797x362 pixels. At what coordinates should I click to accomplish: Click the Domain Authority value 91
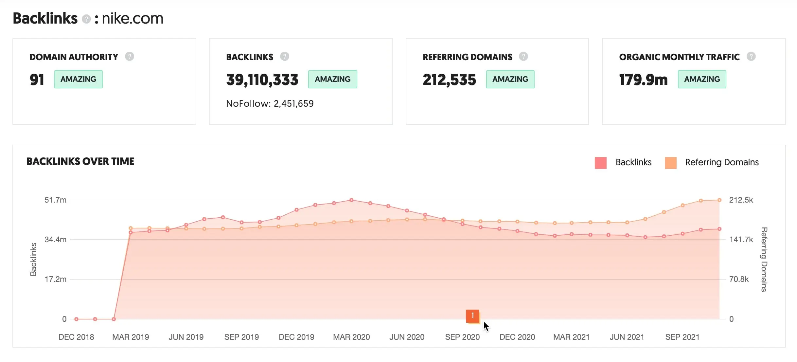(x=37, y=80)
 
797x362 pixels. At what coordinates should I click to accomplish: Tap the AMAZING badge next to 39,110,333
(x=332, y=79)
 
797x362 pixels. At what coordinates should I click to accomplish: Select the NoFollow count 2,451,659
(x=293, y=104)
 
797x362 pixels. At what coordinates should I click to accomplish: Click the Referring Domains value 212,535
(x=449, y=80)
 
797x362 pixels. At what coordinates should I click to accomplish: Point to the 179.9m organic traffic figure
(x=643, y=80)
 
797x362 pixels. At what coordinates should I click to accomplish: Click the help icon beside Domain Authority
(x=130, y=57)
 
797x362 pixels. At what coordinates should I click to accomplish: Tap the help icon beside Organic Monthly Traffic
(x=751, y=57)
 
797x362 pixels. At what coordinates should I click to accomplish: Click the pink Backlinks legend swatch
(x=600, y=163)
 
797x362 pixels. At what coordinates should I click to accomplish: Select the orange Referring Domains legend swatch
(x=670, y=163)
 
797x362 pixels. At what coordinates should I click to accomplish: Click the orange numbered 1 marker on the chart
(x=472, y=316)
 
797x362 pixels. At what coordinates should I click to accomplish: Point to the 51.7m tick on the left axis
(x=55, y=200)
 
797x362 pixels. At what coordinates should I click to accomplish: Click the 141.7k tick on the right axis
(x=741, y=240)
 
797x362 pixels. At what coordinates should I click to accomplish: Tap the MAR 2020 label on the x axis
(x=351, y=337)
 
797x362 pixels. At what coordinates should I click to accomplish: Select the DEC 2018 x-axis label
(x=76, y=337)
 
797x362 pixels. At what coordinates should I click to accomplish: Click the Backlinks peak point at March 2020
(x=351, y=200)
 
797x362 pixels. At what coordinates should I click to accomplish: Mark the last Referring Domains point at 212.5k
(x=719, y=200)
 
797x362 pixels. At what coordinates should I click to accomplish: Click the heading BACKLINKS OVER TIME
(x=80, y=162)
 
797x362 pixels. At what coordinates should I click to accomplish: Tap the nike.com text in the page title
(x=133, y=19)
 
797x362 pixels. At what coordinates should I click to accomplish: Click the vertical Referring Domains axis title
(x=764, y=259)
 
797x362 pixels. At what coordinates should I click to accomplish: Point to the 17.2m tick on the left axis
(x=55, y=279)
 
